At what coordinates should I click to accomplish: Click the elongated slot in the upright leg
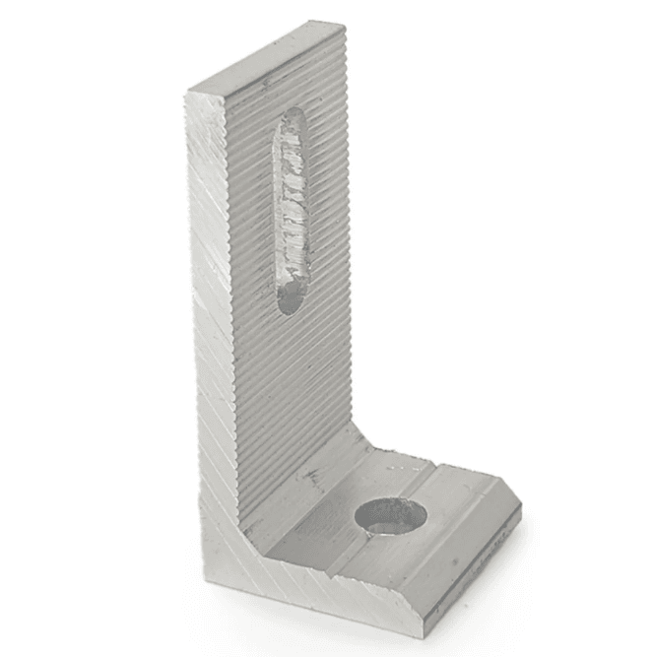click(292, 212)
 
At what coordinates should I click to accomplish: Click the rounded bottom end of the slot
click(290, 300)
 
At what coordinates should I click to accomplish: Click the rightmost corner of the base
click(520, 512)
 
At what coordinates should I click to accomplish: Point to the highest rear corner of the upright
click(344, 24)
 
